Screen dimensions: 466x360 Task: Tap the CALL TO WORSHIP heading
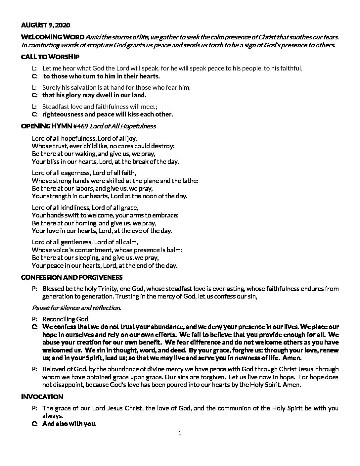click(50, 57)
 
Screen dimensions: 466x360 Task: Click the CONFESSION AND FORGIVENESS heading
click(72, 277)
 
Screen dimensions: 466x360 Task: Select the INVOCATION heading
click(42, 397)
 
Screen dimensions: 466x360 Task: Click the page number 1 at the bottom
click(180, 433)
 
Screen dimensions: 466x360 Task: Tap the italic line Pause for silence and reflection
click(76, 308)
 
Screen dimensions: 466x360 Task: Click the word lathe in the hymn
click(191, 181)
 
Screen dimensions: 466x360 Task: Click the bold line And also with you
click(69, 424)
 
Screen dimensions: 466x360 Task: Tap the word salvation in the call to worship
click(79, 87)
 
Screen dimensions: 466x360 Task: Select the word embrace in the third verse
click(167, 215)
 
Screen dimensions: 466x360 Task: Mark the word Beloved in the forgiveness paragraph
click(53, 369)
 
